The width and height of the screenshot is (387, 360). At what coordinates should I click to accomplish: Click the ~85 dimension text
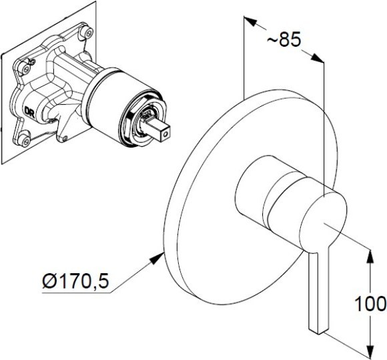(284, 40)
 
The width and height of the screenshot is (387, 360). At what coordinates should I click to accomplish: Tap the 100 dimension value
(370, 304)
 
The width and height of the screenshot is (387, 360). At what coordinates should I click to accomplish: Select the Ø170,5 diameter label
(75, 281)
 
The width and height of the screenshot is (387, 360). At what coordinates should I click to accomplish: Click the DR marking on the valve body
(29, 111)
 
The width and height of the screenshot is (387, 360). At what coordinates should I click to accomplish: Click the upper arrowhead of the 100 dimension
(370, 258)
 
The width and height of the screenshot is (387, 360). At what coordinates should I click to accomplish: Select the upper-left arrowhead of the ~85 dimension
(250, 21)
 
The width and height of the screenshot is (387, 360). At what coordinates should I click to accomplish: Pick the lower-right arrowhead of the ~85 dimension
(316, 57)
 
